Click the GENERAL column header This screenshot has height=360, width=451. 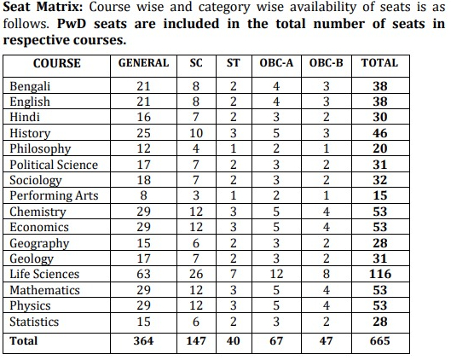(143, 63)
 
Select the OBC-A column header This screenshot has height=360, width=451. (276, 63)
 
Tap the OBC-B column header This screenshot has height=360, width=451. (327, 63)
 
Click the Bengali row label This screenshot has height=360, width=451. (30, 86)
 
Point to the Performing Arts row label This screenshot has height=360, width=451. (54, 195)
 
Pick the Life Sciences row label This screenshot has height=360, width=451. (44, 274)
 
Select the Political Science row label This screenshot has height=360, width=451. (54, 165)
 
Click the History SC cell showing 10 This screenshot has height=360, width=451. (196, 133)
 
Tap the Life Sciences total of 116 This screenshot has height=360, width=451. (380, 274)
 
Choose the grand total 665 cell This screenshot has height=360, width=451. (380, 341)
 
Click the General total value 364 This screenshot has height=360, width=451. (143, 341)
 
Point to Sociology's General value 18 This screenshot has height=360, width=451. (143, 180)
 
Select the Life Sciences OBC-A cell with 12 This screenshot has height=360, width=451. (276, 274)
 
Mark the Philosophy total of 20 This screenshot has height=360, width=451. (380, 148)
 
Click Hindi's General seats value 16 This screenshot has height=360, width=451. (143, 117)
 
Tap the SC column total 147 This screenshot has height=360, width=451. (196, 341)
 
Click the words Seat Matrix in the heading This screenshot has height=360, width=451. (43, 7)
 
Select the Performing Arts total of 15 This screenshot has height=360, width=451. (380, 195)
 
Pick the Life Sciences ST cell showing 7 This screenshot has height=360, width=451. (234, 274)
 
